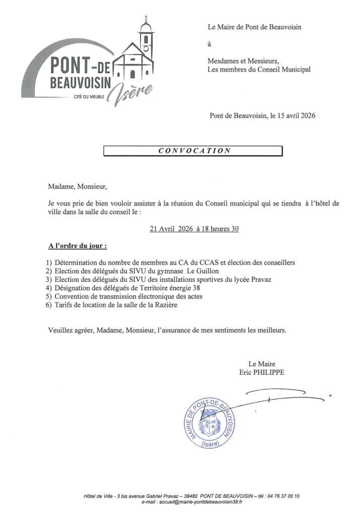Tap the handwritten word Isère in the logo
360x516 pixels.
click(125, 93)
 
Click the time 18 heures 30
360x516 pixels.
click(220, 229)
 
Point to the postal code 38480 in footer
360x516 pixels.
click(188, 496)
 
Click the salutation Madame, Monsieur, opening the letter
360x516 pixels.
click(78, 187)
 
